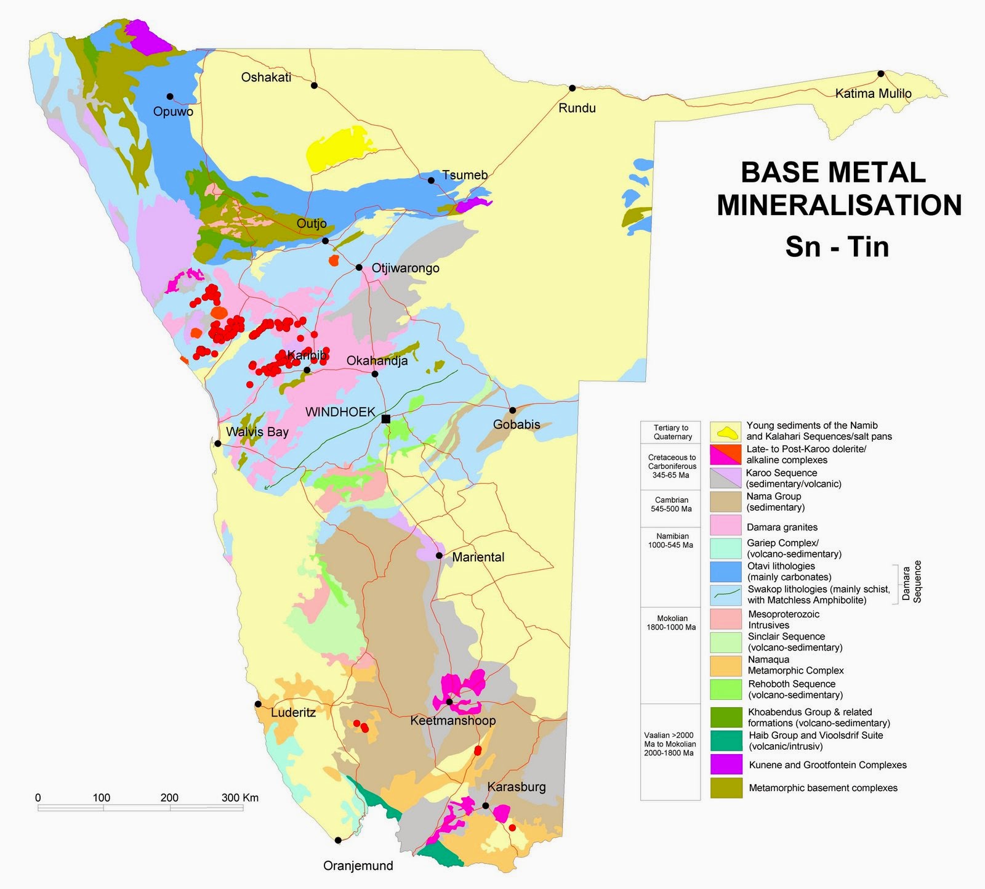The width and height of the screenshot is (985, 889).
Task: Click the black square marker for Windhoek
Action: (386, 419)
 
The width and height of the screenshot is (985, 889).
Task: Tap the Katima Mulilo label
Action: (873, 94)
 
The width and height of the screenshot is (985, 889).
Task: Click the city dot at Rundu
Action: (572, 88)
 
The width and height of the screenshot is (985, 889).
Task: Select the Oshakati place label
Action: (266, 78)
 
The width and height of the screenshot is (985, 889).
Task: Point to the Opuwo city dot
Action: (170, 96)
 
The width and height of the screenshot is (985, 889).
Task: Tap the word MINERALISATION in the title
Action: (839, 205)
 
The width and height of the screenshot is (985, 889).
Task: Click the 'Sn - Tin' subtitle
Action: (837, 247)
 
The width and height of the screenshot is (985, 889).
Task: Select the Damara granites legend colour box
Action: (726, 525)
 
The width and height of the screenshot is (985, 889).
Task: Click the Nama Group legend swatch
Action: (726, 501)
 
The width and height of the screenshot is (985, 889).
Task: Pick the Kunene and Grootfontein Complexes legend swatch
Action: (726, 765)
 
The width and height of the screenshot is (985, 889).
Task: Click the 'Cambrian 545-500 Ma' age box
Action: (671, 505)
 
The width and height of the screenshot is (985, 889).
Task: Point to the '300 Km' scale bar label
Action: (240, 798)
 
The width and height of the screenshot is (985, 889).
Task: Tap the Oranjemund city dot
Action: (338, 840)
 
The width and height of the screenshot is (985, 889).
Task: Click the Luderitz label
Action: (293, 713)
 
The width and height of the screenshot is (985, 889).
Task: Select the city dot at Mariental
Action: (439, 556)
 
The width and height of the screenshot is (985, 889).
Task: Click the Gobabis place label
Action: (517, 424)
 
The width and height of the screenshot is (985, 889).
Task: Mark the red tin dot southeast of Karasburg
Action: (512, 827)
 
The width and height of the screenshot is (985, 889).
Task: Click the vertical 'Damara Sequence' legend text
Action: (912, 582)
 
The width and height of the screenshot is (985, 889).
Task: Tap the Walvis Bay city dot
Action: (217, 444)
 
